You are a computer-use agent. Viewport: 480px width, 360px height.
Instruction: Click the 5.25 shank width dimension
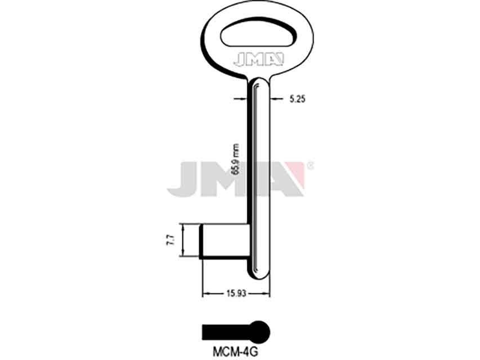pyautogui.click(x=297, y=99)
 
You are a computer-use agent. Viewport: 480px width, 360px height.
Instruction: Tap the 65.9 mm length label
pyautogui.click(x=235, y=159)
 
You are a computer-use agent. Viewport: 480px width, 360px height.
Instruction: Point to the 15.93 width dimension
pyautogui.click(x=236, y=294)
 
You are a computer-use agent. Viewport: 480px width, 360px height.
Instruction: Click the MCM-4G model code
pyautogui.click(x=235, y=352)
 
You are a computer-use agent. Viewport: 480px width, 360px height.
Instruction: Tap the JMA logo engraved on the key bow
pyautogui.click(x=259, y=60)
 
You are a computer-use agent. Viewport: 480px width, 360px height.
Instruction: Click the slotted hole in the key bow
pyautogui.click(x=259, y=35)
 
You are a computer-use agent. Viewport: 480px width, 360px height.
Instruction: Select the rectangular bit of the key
pyautogui.click(x=225, y=241)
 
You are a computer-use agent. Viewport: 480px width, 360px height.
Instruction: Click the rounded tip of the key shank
pyautogui.click(x=259, y=272)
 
